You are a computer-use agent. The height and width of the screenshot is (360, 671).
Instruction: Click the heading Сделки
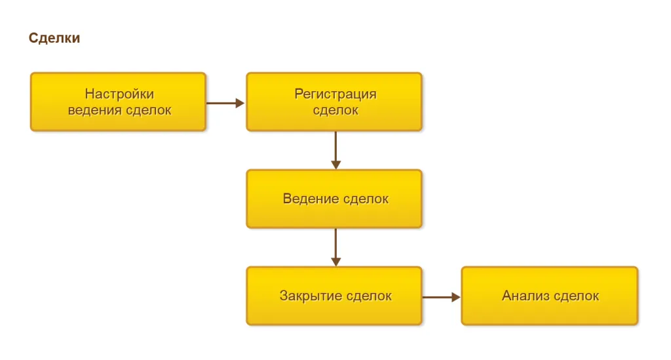54,38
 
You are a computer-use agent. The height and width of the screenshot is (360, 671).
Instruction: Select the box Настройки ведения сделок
118,102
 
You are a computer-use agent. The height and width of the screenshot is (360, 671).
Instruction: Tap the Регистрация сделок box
334,102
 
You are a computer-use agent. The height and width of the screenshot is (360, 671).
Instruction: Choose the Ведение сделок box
334,199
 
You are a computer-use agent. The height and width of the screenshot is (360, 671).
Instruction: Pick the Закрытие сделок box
334,296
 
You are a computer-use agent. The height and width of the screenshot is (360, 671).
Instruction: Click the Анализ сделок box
549,296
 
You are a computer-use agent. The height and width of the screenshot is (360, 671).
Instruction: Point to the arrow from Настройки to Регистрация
225,103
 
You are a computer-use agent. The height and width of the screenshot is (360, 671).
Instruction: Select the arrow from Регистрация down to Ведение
335,150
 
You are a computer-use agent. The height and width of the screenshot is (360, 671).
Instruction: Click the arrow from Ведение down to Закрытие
335,247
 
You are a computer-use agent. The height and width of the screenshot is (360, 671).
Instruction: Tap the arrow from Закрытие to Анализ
441,297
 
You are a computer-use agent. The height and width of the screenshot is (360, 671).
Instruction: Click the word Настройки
119,94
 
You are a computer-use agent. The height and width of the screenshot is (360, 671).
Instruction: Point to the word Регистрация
335,94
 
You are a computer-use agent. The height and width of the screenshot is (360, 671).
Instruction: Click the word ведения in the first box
94,110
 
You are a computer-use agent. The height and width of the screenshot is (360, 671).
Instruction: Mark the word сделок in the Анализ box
576,296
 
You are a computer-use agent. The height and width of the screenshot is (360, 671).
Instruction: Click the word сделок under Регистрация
335,110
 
